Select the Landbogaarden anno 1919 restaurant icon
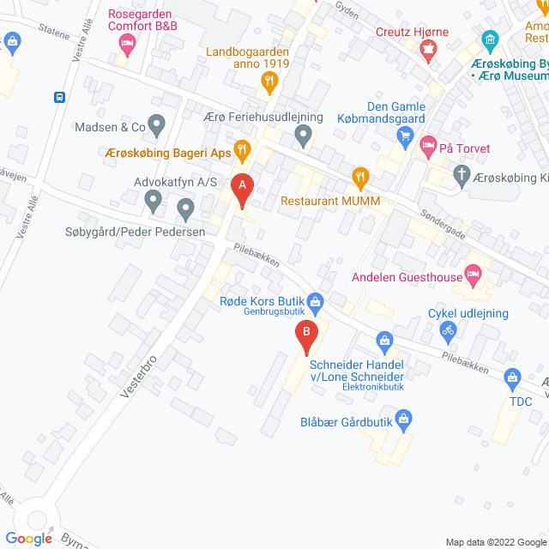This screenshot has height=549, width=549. coord(269,81)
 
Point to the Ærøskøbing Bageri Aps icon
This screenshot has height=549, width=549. coord(243,151)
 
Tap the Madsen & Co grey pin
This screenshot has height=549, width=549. coord(156,126)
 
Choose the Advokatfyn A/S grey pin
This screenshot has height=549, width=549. coord(153,202)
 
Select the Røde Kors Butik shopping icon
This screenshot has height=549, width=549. coord(316,300)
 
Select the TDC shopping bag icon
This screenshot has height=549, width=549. coord(513,377)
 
